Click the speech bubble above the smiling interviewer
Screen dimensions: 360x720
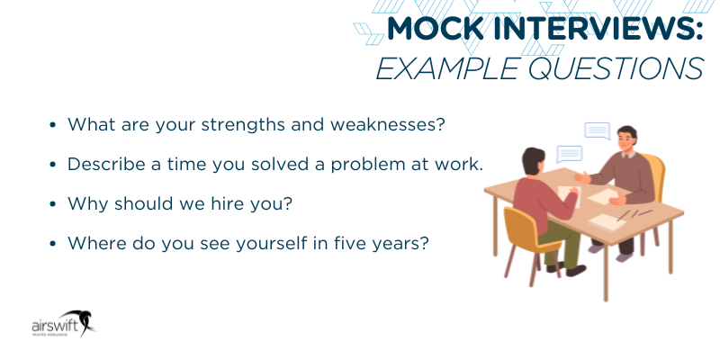pyautogui.click(x=597, y=130)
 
